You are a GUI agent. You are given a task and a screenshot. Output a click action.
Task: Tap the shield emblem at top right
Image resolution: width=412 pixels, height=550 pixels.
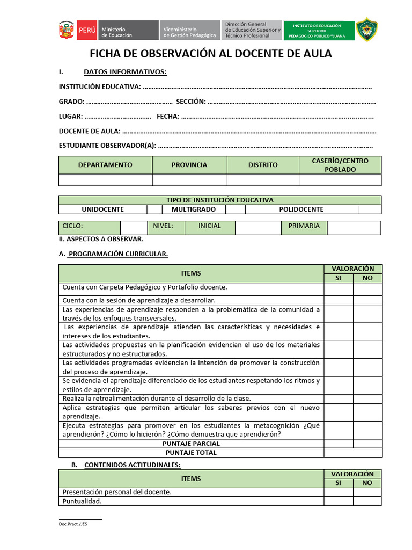(x=367, y=30)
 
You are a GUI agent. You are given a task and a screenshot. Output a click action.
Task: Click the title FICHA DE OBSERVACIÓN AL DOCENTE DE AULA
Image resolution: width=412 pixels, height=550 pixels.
(x=210, y=54)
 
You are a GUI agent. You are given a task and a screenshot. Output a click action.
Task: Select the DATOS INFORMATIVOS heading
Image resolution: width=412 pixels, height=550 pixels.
(x=125, y=73)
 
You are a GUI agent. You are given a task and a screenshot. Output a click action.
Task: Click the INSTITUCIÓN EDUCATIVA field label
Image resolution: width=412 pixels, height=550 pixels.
(x=100, y=87)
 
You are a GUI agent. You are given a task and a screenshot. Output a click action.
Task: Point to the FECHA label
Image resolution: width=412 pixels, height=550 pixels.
(x=168, y=116)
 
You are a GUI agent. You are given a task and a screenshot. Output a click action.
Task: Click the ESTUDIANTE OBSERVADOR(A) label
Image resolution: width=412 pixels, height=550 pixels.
(x=107, y=146)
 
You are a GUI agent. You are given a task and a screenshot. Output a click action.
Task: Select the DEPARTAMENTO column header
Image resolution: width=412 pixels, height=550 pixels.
(x=105, y=165)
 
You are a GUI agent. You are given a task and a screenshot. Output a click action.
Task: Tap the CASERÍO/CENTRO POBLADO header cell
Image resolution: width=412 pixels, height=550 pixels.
(x=340, y=165)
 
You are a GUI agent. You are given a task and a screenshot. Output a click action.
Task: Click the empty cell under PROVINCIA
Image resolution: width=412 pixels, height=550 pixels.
(x=189, y=180)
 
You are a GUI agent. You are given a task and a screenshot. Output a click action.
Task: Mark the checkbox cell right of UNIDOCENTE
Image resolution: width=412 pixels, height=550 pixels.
(x=154, y=209)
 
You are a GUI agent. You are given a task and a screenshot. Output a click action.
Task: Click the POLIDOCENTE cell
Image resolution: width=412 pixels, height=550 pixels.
(x=301, y=209)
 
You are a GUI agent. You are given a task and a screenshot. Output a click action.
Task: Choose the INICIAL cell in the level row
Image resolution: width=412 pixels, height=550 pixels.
(x=209, y=226)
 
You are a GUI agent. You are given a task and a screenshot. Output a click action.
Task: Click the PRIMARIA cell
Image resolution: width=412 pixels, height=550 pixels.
(x=304, y=226)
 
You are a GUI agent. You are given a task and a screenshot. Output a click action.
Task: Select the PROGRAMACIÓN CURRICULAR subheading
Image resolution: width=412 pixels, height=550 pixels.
(x=118, y=254)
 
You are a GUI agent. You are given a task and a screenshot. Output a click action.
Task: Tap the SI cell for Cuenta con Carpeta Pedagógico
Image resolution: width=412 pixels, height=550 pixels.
(x=338, y=289)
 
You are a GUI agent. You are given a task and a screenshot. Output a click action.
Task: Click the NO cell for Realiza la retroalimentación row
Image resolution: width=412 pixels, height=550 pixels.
(x=367, y=399)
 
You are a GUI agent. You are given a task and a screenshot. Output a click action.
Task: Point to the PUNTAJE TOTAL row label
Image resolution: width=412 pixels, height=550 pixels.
(x=191, y=453)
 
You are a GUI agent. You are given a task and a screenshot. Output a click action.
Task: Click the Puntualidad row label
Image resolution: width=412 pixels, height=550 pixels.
(x=82, y=501)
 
